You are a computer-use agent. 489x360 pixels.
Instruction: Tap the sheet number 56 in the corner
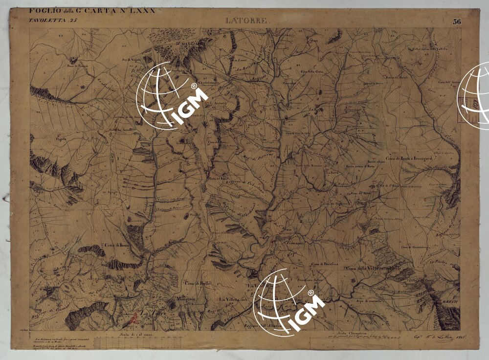pyautogui.click(x=457, y=21)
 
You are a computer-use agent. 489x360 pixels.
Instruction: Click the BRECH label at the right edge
pyautogui.click(x=449, y=303)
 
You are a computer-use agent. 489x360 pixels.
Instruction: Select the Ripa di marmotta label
pyautogui.click(x=368, y=300)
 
